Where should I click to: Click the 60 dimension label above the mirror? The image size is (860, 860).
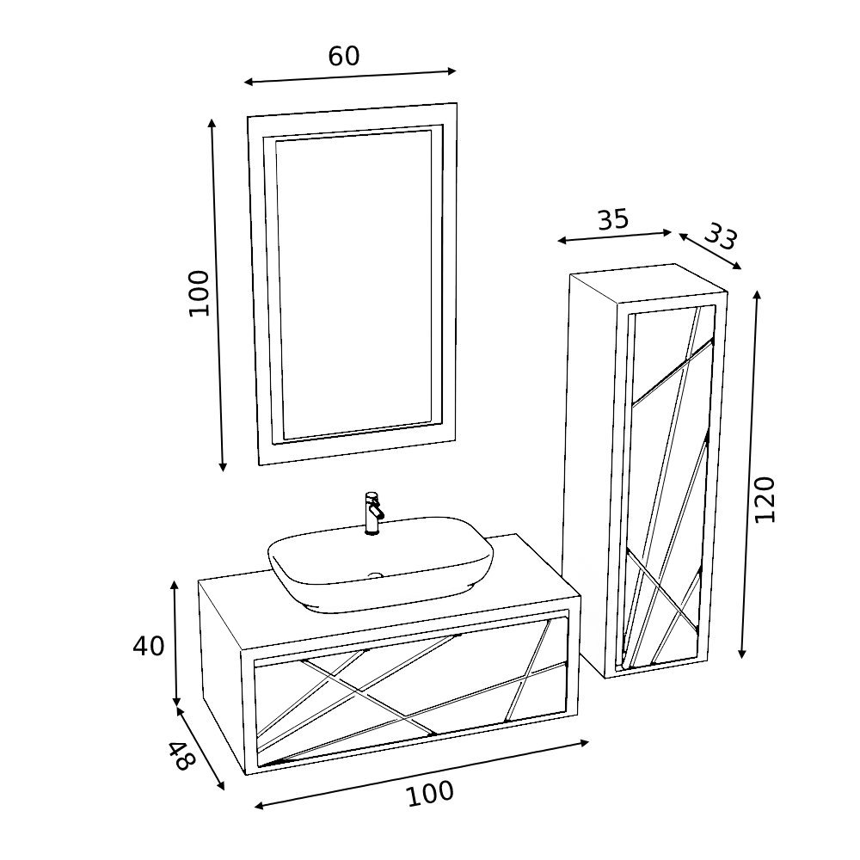tap(344, 56)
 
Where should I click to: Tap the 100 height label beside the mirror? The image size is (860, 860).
tap(200, 293)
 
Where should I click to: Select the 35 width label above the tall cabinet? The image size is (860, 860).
tap(612, 219)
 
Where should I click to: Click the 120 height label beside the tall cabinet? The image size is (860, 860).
tap(765, 500)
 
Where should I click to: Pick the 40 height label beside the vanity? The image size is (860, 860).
tap(148, 646)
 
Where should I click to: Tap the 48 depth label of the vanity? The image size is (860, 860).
tap(181, 755)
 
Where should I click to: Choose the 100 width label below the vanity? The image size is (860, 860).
tap(430, 793)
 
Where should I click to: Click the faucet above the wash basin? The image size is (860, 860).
tap(373, 513)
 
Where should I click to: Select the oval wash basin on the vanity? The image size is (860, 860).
tap(380, 564)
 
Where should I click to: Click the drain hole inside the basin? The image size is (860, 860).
tap(376, 575)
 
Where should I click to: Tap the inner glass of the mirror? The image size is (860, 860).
tap(354, 284)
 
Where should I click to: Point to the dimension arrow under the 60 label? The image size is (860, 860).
tap(350, 77)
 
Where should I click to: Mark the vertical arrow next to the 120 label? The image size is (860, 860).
tap(750, 474)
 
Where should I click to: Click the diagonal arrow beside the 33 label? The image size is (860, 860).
tap(710, 251)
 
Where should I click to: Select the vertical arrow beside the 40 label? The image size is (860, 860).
tap(175, 643)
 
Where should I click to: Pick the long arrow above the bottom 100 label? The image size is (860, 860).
tap(421, 775)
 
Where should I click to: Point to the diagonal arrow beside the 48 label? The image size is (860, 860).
tap(200, 749)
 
